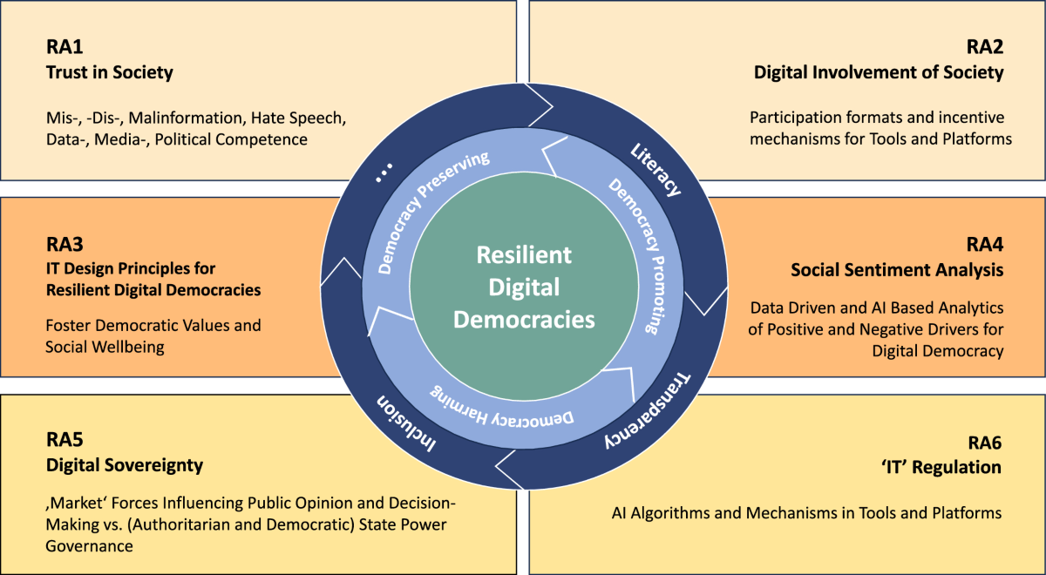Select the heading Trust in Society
point(109,72)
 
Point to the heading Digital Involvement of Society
point(879,72)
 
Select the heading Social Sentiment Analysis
point(897,270)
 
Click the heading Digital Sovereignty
point(125,465)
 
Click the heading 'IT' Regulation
point(942,468)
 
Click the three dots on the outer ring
point(384,178)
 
